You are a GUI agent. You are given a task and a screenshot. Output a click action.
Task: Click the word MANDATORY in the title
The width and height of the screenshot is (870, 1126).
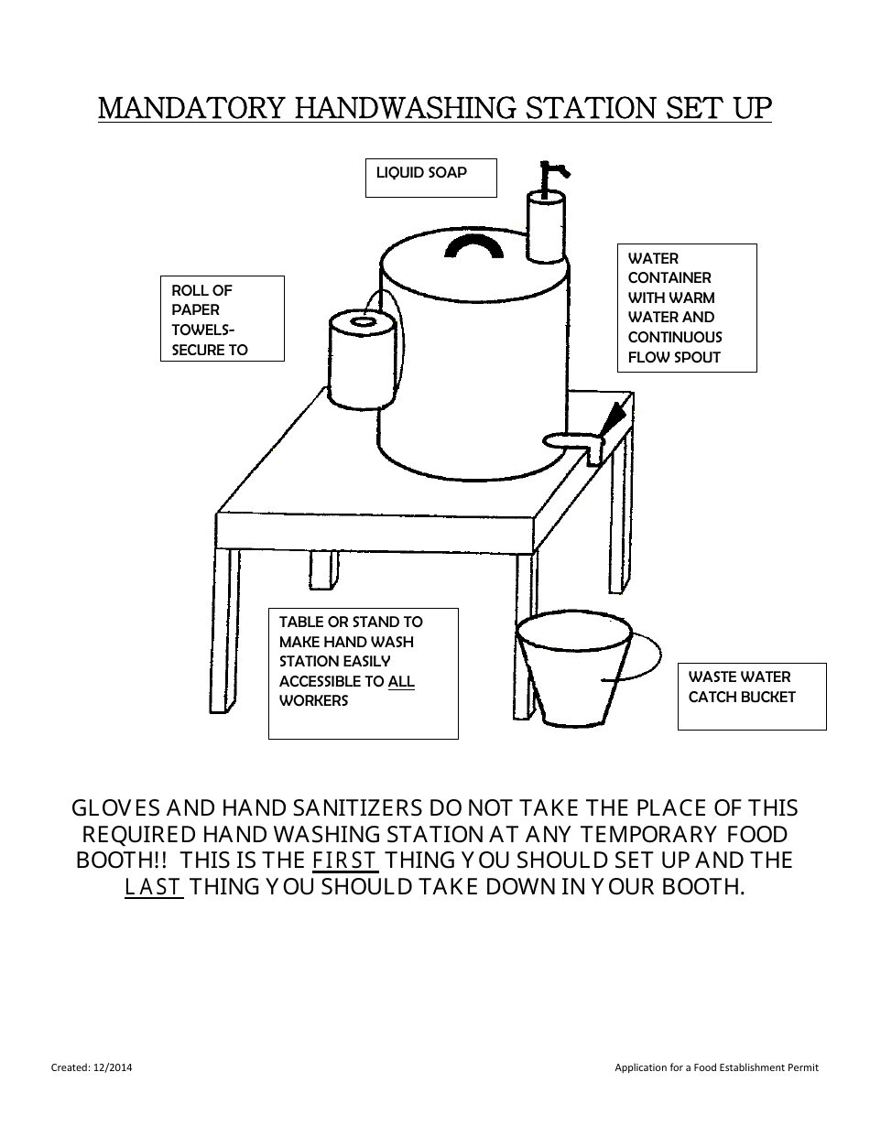(x=191, y=108)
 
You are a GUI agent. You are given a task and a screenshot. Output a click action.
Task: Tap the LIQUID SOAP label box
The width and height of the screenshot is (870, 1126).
(x=430, y=177)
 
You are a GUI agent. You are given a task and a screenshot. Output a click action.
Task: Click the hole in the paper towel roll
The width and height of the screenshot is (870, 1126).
(x=361, y=322)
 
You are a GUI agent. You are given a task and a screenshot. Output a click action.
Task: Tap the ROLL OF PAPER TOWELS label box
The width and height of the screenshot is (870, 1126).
(x=222, y=319)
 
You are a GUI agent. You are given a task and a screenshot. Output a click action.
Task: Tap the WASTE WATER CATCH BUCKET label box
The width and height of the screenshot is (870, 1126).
(x=751, y=696)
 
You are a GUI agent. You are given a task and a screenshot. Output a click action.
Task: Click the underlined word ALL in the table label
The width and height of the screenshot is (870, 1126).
(x=401, y=681)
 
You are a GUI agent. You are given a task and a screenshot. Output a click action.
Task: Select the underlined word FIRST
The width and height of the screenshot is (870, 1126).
(x=344, y=861)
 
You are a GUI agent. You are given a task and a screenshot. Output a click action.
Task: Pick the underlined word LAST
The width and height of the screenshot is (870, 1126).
(x=154, y=887)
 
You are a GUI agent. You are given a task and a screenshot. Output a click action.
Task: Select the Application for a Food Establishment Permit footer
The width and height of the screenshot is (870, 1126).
(x=716, y=1067)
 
